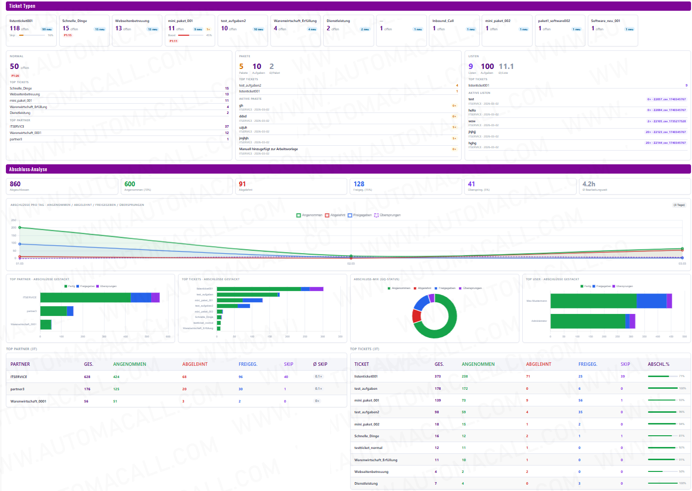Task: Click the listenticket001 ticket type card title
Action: [21, 21]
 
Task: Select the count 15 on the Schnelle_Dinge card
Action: [66, 28]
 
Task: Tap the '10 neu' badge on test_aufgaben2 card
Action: [258, 29]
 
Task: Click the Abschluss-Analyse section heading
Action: [28, 169]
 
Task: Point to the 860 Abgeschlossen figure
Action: [15, 184]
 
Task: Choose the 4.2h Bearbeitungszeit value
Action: [589, 184]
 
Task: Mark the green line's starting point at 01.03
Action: [20, 227]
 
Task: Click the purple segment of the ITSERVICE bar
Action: [156, 297]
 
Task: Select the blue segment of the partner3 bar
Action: [70, 311]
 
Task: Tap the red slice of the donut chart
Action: [416, 316]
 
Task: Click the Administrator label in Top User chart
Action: [539, 321]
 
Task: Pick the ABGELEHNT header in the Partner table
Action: [195, 364]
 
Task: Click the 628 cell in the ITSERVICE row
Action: [87, 377]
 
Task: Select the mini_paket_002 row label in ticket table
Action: [367, 424]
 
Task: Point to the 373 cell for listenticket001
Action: [438, 377]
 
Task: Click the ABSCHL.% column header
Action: [658, 364]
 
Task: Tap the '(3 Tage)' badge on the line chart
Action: [679, 205]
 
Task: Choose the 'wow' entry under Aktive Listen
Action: [472, 121]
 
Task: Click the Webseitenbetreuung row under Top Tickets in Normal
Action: [25, 94]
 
